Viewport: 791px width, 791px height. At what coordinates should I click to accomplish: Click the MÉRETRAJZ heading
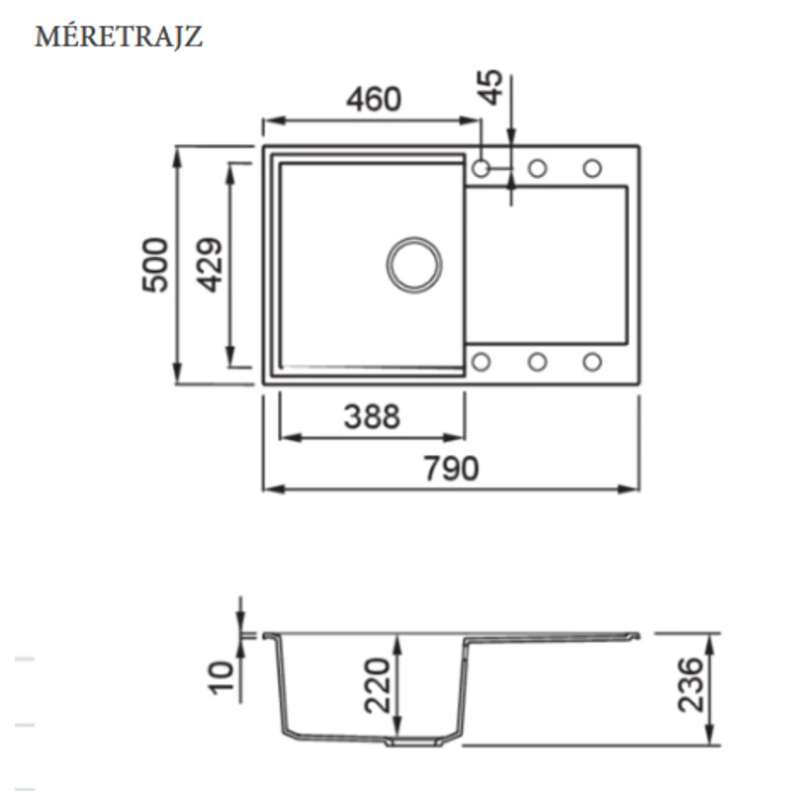(x=119, y=37)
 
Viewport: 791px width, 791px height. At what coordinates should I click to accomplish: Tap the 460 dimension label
(x=374, y=99)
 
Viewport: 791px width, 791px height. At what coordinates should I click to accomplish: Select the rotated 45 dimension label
(x=490, y=87)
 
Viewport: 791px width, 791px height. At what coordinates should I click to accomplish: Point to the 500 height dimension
(x=155, y=265)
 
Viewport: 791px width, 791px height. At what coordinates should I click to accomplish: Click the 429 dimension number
(x=210, y=265)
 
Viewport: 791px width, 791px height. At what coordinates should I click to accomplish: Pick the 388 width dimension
(x=373, y=416)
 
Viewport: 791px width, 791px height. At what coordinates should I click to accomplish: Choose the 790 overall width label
(x=451, y=468)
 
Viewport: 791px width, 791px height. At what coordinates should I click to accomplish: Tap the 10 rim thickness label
(x=221, y=678)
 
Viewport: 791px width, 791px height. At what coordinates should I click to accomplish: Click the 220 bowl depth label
(x=378, y=685)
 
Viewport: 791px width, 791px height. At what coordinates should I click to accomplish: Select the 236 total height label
(x=690, y=684)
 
